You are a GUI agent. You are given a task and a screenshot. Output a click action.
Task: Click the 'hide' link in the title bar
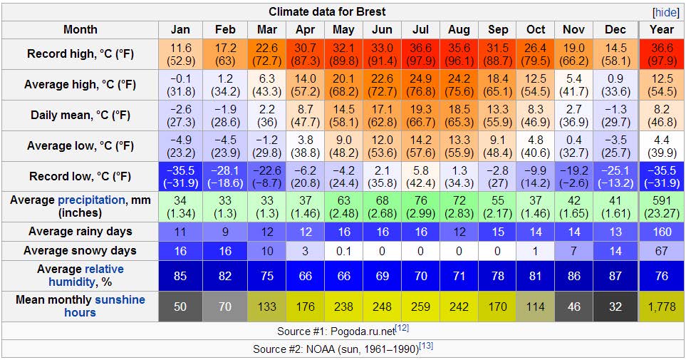tap(666, 12)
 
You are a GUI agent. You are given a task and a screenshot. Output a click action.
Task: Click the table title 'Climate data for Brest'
tap(337, 12)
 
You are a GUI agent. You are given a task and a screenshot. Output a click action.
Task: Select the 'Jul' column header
tap(420, 30)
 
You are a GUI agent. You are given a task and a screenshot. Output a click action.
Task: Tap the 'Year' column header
tap(661, 30)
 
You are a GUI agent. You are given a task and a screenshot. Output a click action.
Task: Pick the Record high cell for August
tap(459, 54)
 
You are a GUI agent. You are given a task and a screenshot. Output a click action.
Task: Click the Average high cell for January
tap(180, 85)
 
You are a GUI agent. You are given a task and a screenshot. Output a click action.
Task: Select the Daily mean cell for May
tap(343, 115)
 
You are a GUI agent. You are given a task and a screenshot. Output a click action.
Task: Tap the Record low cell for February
tap(224, 177)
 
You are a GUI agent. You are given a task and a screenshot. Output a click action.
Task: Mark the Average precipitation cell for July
tap(420, 207)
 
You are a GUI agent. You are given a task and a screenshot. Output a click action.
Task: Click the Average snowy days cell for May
tap(343, 251)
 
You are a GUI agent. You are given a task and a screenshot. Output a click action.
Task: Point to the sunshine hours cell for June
tap(382, 306)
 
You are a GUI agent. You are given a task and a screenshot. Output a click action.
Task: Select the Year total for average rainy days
tap(661, 232)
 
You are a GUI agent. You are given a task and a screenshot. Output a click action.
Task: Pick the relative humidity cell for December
tap(615, 276)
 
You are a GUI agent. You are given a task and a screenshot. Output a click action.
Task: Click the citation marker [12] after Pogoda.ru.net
tap(402, 328)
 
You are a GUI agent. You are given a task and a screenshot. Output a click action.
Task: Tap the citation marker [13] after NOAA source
tap(426, 346)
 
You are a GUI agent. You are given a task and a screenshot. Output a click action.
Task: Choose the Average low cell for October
tap(536, 146)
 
